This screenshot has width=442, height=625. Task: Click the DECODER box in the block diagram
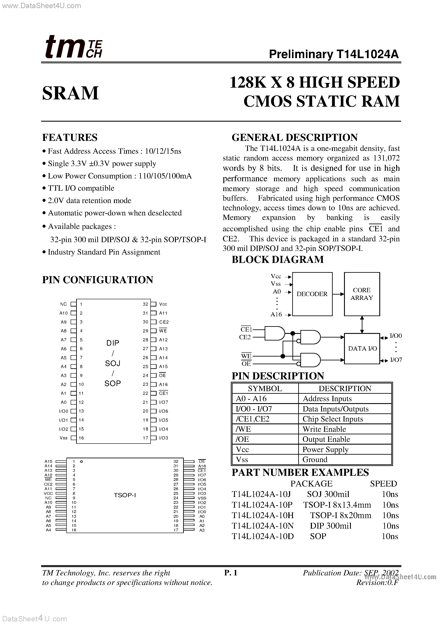click(312, 294)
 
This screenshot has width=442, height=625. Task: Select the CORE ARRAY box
click(362, 294)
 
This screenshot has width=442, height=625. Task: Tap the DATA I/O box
click(362, 348)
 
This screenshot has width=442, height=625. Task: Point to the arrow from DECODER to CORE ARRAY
click(338, 294)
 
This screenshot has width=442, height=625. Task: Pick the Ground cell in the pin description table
click(315, 460)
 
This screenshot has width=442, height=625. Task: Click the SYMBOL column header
click(265, 388)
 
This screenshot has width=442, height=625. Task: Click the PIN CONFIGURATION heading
click(98, 280)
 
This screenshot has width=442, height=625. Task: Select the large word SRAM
click(71, 93)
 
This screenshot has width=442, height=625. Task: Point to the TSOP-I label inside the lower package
click(125, 495)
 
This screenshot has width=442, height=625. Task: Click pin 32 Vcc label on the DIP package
click(163, 304)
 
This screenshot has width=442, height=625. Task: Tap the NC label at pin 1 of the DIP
click(63, 304)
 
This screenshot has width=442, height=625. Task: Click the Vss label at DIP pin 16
click(64, 438)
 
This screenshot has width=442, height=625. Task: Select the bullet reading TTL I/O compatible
click(81, 188)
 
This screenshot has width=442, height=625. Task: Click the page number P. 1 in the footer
click(231, 573)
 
